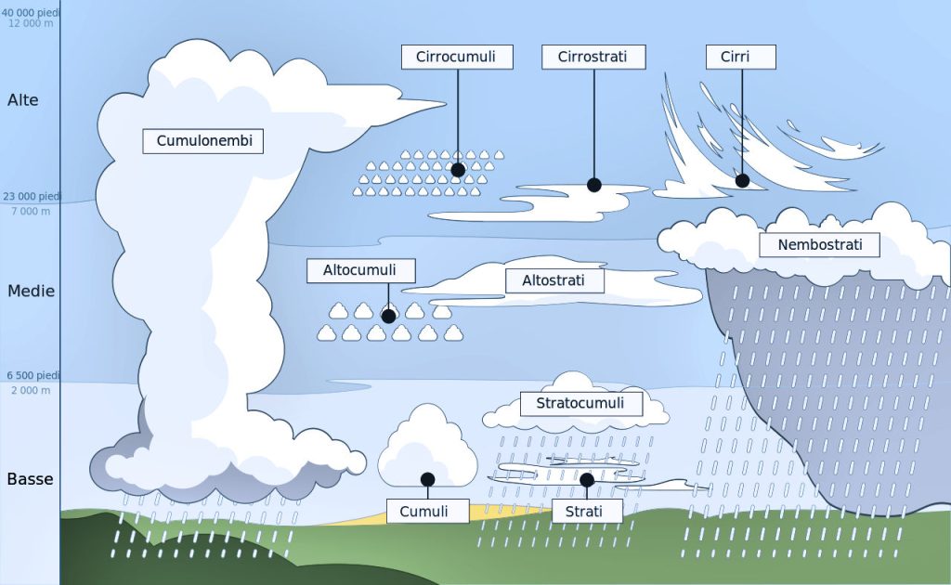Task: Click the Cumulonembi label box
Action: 203,141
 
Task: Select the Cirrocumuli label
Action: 456,57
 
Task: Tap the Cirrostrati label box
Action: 593,57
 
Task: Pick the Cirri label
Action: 740,57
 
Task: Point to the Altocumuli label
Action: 360,270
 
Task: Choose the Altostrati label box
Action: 554,280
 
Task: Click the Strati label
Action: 586,511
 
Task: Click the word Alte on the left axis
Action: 23,99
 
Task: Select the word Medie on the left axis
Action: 31,291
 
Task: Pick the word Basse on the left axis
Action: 30,479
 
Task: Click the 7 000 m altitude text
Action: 31,211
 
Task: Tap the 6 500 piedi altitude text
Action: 33,375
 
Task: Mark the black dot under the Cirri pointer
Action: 742,180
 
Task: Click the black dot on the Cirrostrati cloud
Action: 594,185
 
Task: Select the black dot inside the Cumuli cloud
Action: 427,479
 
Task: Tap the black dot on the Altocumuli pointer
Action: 388,316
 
